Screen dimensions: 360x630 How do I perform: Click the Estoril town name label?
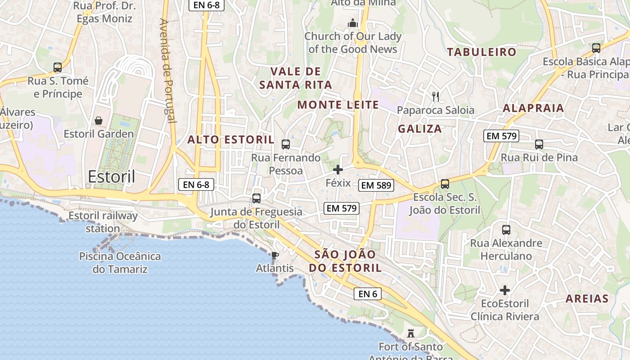coord(112,176)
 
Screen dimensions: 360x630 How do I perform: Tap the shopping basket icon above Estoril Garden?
coord(99,121)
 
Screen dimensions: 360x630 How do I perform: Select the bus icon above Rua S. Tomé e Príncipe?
coord(58,67)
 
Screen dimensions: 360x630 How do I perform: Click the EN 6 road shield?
coord(368,294)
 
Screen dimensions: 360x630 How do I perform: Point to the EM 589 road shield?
coord(376,185)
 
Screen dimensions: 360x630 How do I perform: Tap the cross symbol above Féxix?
coord(338,170)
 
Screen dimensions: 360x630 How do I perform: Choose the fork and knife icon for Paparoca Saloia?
coord(435,96)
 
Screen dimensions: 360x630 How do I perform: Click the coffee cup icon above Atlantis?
coord(274,256)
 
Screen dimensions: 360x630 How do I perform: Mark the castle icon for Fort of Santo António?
coord(410,333)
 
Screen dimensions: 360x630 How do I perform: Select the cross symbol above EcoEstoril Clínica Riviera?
coord(505,290)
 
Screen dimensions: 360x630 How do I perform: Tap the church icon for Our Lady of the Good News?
coord(353,22)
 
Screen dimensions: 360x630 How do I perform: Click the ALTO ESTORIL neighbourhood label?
coord(230,139)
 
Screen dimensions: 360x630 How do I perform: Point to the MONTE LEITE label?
coord(338,105)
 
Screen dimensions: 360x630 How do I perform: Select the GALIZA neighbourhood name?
coord(420,129)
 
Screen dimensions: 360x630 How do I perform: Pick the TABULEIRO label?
coord(481,52)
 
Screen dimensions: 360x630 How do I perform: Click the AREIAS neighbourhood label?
coord(587,298)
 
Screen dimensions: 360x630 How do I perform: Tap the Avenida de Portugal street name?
coord(167,70)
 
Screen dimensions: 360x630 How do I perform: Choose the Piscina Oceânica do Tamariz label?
coord(120,263)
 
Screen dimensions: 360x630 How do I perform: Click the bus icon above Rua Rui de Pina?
coord(539,144)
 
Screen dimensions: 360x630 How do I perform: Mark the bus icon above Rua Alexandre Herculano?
coord(506,230)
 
